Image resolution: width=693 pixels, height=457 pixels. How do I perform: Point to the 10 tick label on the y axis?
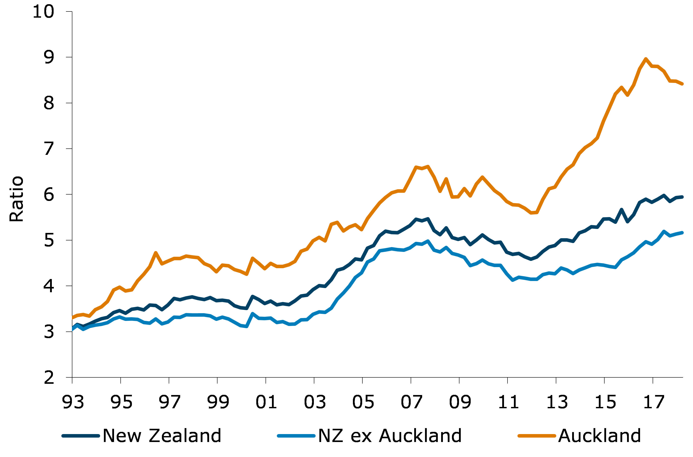tap(43, 12)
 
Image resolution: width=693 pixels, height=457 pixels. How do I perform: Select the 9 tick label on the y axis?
tap(49, 57)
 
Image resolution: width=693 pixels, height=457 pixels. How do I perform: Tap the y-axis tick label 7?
tap(49, 149)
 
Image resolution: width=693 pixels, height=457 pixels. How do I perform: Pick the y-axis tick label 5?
tap(49, 240)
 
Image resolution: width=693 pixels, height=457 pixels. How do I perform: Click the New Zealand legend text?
tap(162, 436)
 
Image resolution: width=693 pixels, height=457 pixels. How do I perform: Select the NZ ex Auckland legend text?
tap(390, 436)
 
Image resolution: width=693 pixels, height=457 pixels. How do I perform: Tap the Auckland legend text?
tap(599, 436)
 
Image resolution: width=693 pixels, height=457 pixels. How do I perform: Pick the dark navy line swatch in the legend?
tap(81, 436)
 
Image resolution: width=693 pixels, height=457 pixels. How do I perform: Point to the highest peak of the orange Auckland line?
tap(646, 59)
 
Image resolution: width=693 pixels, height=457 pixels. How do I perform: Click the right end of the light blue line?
tap(682, 232)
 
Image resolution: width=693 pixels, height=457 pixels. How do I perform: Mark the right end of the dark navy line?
tap(682, 197)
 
